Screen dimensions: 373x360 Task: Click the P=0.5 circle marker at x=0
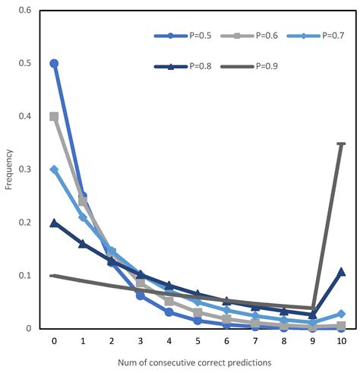click(x=54, y=64)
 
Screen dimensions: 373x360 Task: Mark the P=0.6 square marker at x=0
click(x=54, y=116)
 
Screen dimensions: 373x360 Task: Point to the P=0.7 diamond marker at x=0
click(x=54, y=169)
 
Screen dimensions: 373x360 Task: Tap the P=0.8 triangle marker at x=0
click(x=54, y=223)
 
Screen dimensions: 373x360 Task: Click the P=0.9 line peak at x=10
click(x=341, y=144)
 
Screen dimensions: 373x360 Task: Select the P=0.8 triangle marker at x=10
click(x=341, y=271)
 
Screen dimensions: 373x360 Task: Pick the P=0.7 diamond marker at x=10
click(x=341, y=314)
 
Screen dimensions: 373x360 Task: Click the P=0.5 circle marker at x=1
click(x=83, y=196)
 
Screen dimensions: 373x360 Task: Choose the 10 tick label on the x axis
click(x=341, y=341)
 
